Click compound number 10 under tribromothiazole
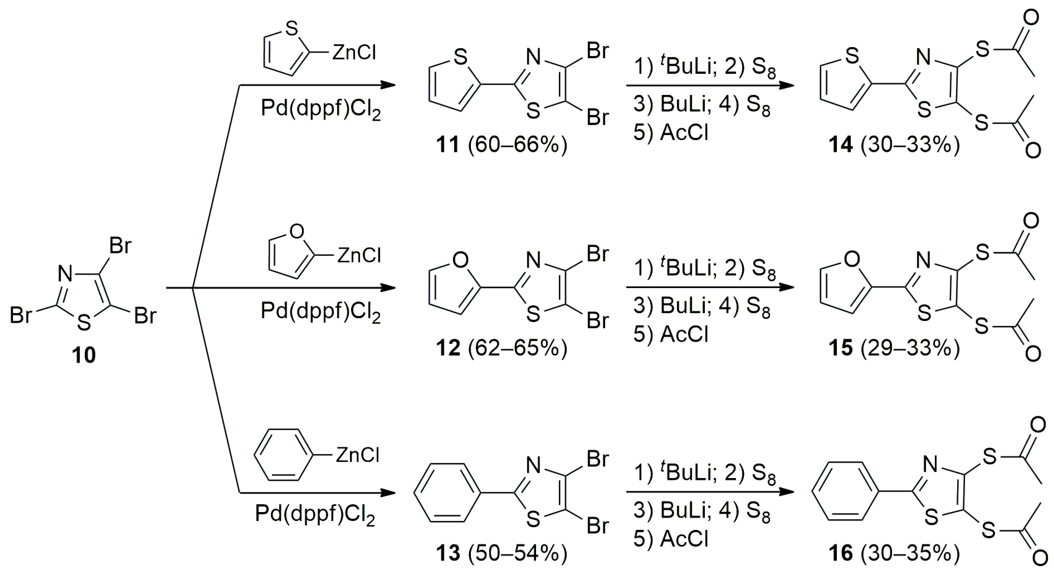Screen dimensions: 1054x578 (84, 355)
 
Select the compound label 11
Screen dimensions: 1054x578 (448, 145)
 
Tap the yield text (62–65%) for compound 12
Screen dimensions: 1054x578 (518, 348)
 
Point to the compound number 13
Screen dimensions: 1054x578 (448, 553)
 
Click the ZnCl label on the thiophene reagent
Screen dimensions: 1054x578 (354, 53)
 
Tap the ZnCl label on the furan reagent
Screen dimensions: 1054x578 (359, 256)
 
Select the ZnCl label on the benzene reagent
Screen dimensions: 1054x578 (358, 455)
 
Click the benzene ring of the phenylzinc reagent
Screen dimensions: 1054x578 (284, 455)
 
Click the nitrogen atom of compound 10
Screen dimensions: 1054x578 (64, 273)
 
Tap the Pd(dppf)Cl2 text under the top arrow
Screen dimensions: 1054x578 (321, 110)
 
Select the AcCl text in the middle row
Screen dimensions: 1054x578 (684, 334)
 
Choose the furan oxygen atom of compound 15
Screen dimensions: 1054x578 (852, 259)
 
